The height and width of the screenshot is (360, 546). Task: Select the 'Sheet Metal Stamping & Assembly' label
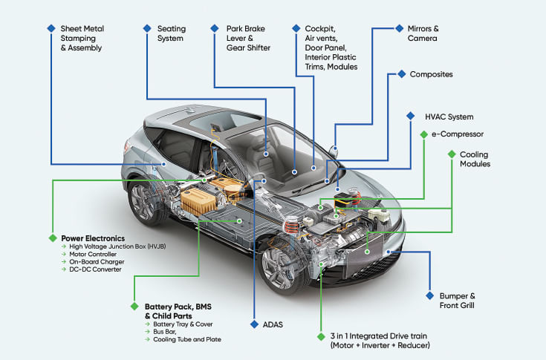click(82, 39)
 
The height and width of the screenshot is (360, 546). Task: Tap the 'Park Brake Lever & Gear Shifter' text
click(248, 39)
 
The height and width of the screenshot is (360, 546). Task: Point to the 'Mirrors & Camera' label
click(422, 33)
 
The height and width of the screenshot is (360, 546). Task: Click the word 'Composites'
click(431, 74)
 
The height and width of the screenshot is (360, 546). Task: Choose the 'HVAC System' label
click(449, 117)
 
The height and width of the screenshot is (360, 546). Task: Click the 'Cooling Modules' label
click(475, 159)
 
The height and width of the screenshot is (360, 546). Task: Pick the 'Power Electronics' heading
click(93, 238)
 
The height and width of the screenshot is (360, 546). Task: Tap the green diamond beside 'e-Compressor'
click(423, 134)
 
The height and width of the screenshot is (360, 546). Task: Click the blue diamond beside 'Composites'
click(402, 74)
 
